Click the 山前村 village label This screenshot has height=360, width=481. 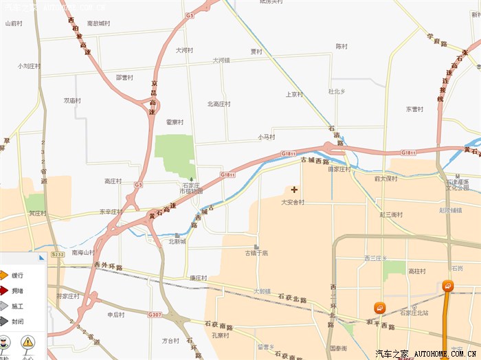pyautogui.click(x=14, y=23)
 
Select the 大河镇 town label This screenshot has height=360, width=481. pyautogui.click(x=221, y=60)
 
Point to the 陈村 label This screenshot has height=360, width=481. pyautogui.click(x=342, y=46)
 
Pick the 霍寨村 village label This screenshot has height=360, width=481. pyautogui.click(x=175, y=122)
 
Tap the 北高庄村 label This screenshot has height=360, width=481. pyautogui.click(x=219, y=104)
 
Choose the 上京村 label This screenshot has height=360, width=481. pyautogui.click(x=293, y=94)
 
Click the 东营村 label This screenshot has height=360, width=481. pyautogui.click(x=416, y=109)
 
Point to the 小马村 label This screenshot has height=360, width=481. pyautogui.click(x=267, y=137)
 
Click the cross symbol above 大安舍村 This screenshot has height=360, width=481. pyautogui.click(x=295, y=189)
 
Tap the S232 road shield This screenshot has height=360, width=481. pyautogui.click(x=57, y=254)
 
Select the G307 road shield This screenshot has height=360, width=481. pyautogui.click(x=155, y=315)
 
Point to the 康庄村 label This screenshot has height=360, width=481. pyautogui.click(x=198, y=278)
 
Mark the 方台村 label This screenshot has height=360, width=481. pyautogui.click(x=170, y=340)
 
